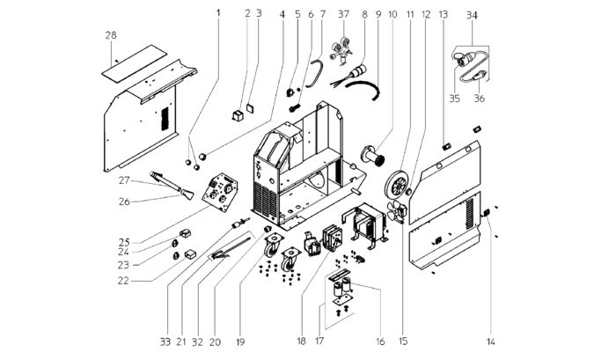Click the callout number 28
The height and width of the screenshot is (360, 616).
click(111, 35)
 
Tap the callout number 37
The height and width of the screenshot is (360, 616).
click(343, 14)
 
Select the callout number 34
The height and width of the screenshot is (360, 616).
click(472, 15)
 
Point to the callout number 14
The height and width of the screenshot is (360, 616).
click(491, 342)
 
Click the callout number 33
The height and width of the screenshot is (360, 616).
click(165, 342)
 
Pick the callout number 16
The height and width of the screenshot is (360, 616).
click(380, 342)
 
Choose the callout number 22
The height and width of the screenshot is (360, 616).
click(123, 281)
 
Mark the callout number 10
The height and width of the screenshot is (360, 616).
click(392, 15)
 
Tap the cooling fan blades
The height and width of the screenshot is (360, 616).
click(395, 210)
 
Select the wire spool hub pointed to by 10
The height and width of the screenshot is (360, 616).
click(373, 156)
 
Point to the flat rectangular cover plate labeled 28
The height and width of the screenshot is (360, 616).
click(135, 63)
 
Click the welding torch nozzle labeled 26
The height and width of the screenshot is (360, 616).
click(187, 195)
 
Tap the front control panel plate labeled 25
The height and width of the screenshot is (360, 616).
click(220, 192)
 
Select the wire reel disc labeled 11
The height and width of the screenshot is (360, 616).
click(398, 185)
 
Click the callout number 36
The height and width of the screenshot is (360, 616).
click(480, 98)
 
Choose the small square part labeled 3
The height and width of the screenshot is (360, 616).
click(250, 107)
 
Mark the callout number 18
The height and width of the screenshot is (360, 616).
click(301, 342)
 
